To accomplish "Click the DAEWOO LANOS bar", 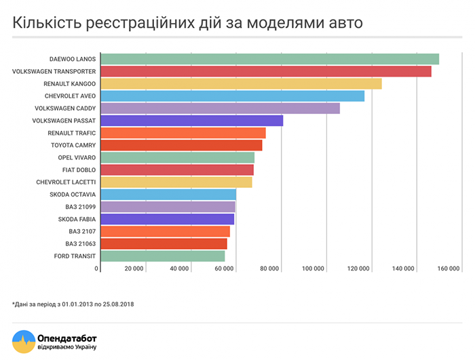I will (x=270, y=59).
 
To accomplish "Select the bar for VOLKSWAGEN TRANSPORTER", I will (x=266, y=71).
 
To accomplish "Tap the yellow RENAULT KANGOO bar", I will (x=242, y=83).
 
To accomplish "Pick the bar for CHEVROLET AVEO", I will (x=233, y=96).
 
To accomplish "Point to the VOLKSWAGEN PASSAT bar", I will (x=192, y=121).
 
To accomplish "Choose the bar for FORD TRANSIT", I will (x=163, y=256).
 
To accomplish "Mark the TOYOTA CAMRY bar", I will (x=181, y=145).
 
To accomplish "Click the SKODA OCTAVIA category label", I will (x=73, y=195).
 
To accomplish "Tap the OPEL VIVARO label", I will (x=77, y=157).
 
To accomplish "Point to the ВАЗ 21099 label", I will (x=81, y=207).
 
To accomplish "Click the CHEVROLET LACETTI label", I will (x=66, y=182).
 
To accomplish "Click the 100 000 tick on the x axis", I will (x=313, y=270).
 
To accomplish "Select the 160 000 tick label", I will (x=449, y=270).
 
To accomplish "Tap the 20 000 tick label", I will (x=134, y=270).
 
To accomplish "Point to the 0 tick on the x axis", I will (x=97, y=270).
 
